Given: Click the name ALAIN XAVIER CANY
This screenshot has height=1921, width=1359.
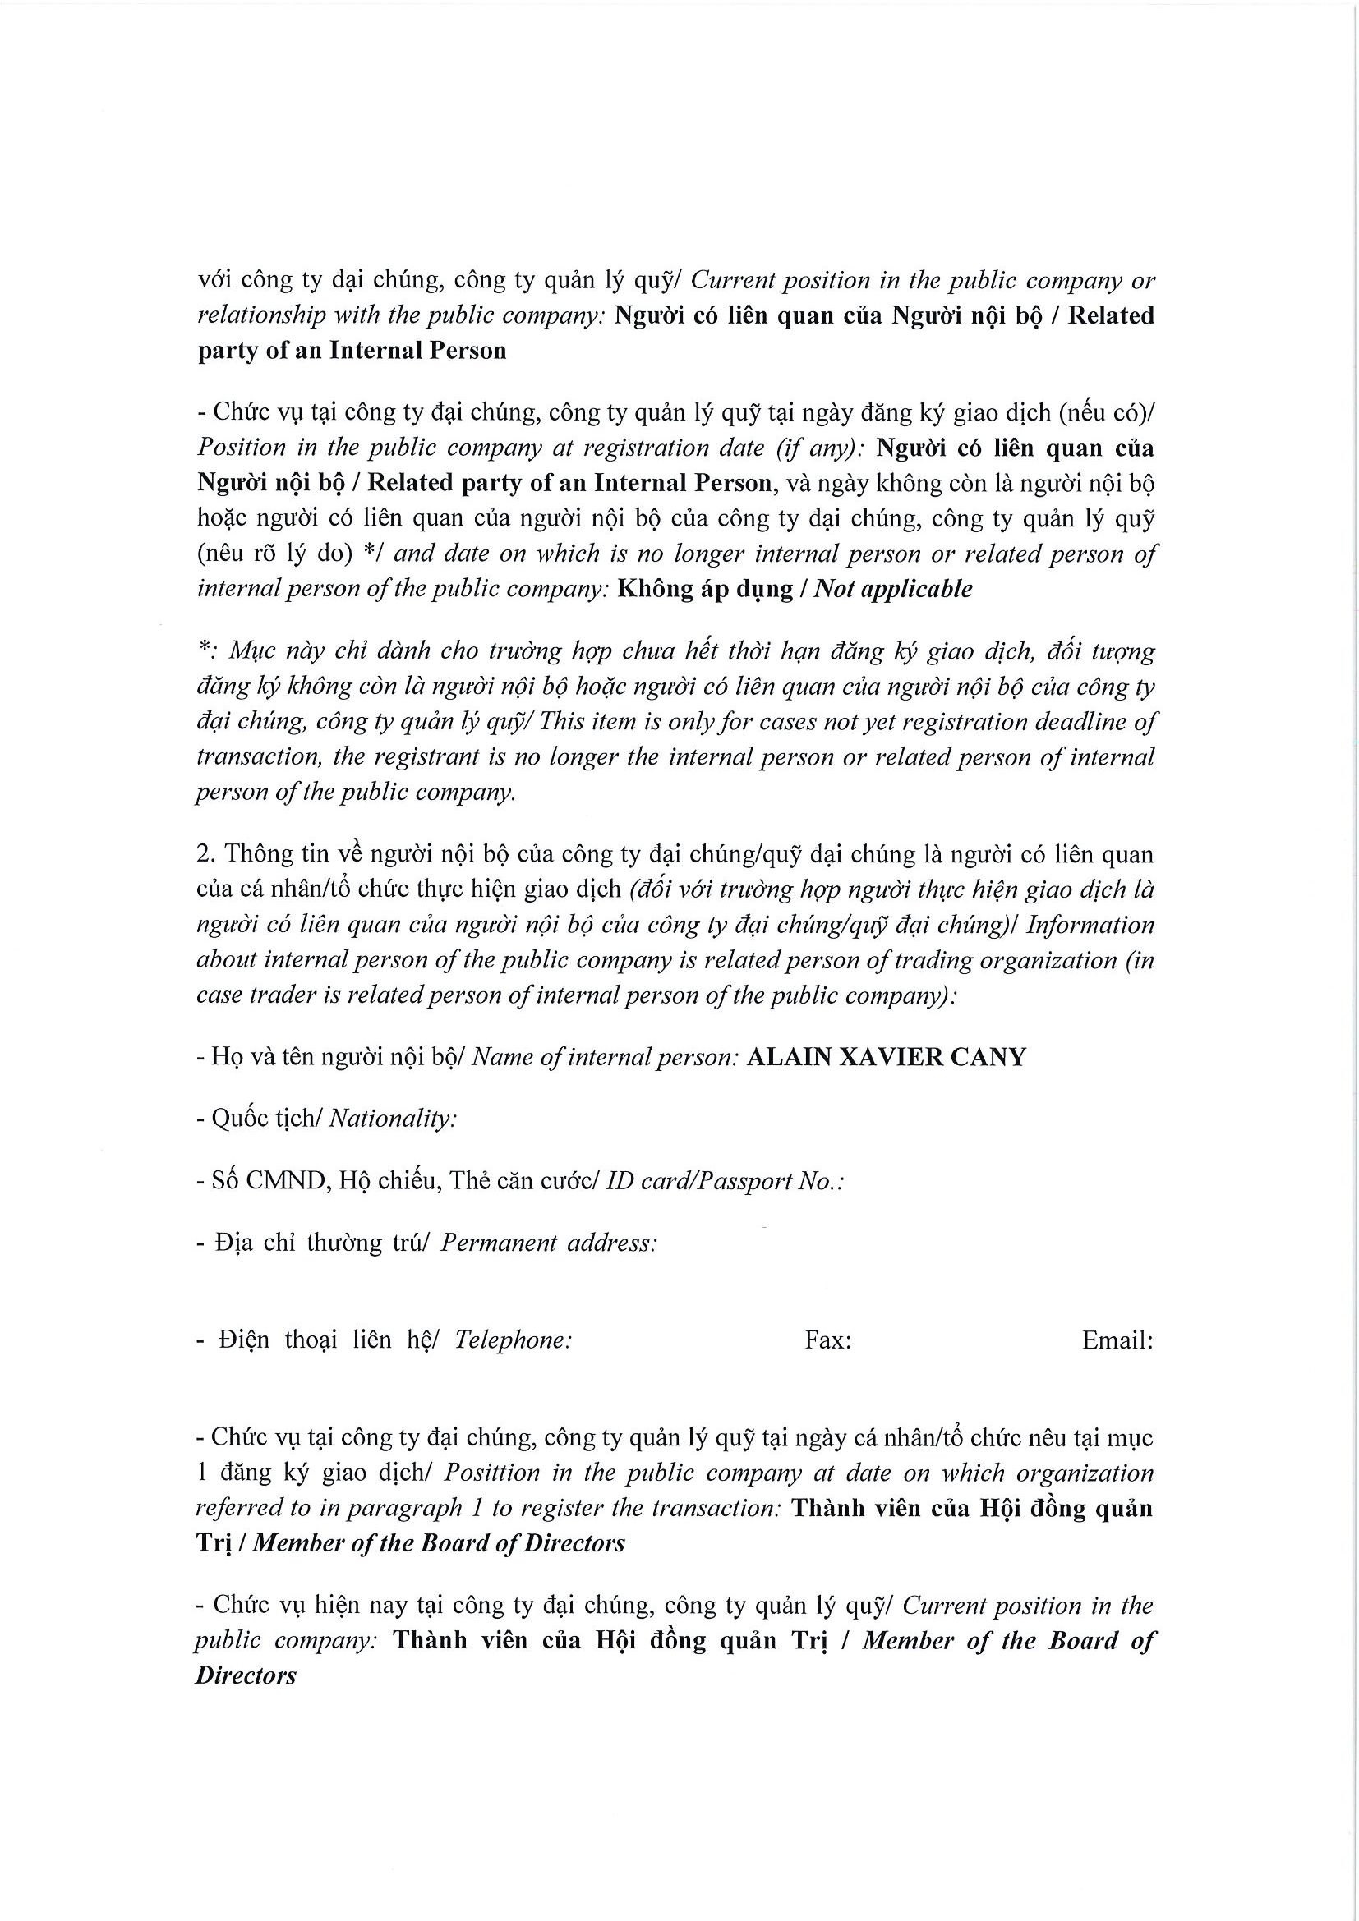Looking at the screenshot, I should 886,1058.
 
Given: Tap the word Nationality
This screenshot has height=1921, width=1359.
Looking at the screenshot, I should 392,1119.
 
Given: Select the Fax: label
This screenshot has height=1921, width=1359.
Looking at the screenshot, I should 827,1340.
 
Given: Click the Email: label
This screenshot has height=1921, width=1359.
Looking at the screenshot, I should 1117,1340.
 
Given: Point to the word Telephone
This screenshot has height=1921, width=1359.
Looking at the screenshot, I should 512,1340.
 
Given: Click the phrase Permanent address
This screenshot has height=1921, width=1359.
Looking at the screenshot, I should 547,1243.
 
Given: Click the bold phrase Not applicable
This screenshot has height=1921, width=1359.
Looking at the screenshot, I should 893,589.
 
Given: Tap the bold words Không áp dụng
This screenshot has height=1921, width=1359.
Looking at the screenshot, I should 705,589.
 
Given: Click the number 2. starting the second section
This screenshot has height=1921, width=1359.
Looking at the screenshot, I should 206,854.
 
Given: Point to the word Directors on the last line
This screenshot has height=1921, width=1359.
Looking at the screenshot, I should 245,1677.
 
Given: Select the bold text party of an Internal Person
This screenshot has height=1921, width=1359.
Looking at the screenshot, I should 352,351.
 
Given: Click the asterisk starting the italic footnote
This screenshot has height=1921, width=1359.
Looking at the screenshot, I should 202,651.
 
